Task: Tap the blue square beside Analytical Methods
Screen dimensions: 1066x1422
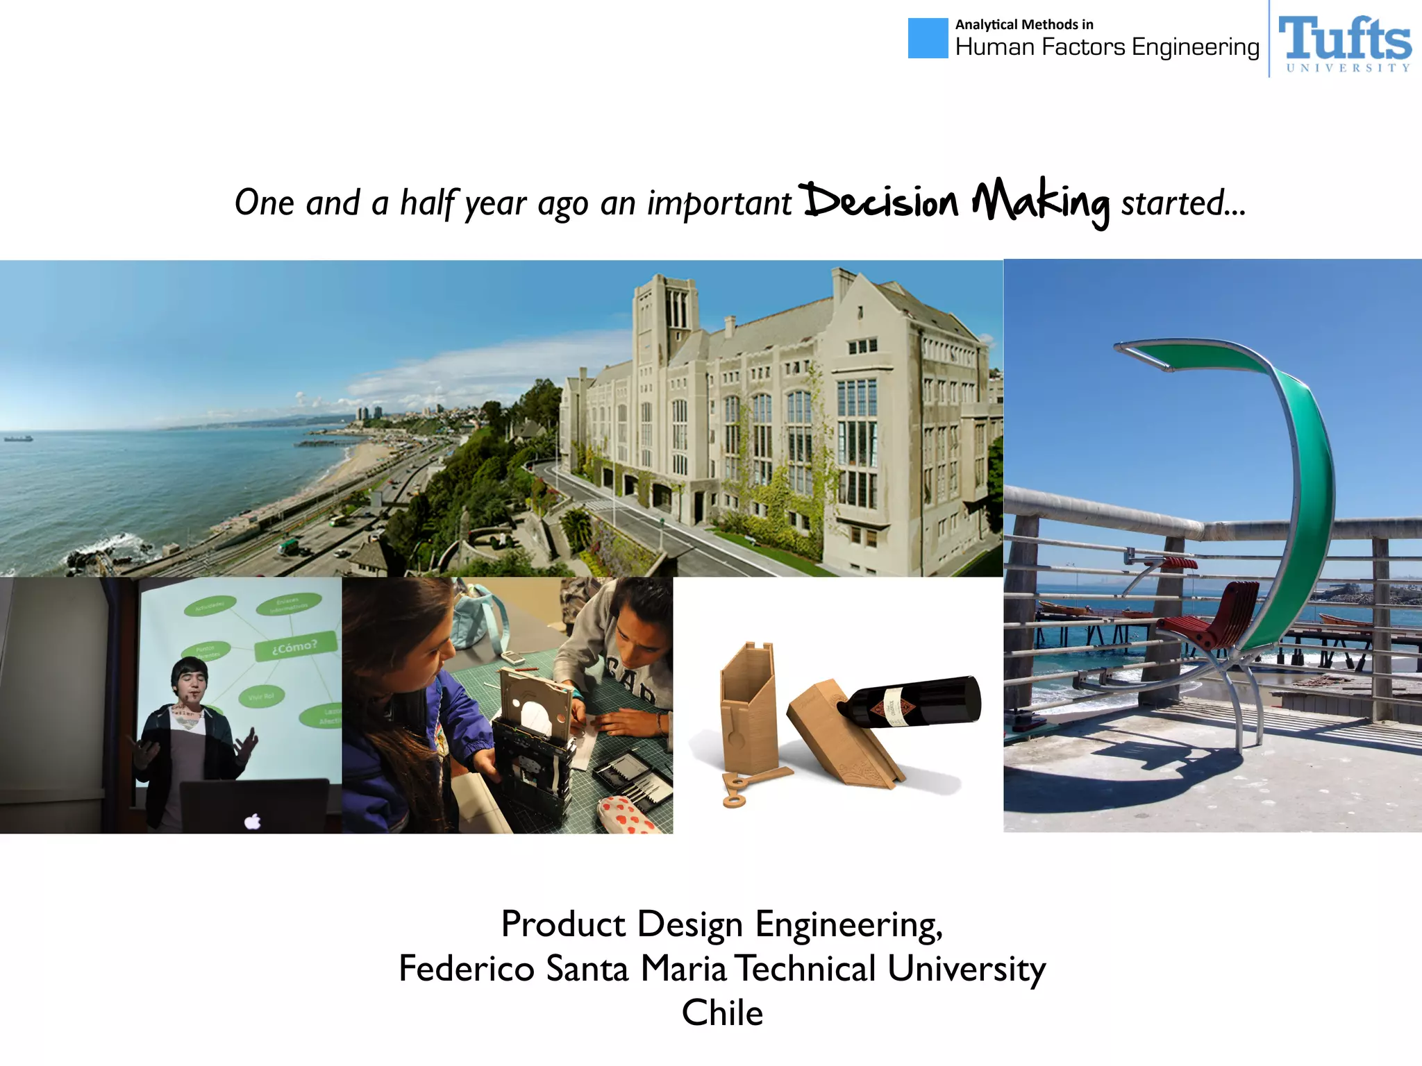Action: (x=928, y=38)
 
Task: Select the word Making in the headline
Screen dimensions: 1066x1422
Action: (x=1040, y=203)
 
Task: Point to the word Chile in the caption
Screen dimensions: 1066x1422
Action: (x=722, y=1013)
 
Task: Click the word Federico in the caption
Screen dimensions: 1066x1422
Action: (x=467, y=968)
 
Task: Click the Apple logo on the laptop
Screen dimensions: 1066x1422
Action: (x=253, y=821)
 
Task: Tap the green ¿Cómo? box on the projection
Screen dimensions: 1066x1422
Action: (x=295, y=646)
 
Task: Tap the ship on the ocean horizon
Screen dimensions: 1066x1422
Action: (x=18, y=438)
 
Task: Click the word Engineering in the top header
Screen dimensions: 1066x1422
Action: (x=1195, y=47)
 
